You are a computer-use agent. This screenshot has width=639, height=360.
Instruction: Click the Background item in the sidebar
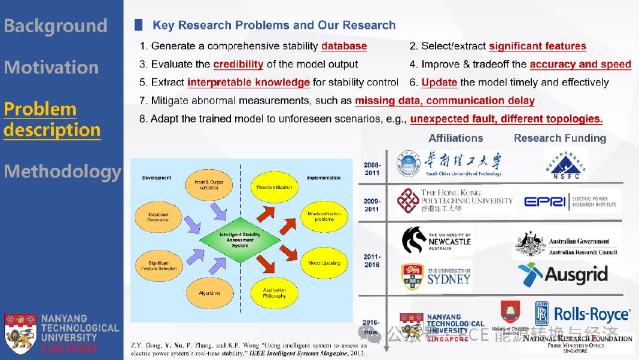(55, 26)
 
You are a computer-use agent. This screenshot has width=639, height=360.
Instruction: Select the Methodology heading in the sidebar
(62, 172)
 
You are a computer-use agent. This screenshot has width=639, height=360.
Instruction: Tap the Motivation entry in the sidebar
(51, 67)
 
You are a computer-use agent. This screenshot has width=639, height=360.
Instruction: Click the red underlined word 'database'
(344, 46)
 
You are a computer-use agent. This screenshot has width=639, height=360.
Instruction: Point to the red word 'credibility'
(238, 64)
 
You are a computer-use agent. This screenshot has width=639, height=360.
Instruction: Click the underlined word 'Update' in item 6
(439, 83)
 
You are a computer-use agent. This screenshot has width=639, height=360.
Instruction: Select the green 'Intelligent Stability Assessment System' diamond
(239, 240)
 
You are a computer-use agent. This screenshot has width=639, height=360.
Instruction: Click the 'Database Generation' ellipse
(158, 216)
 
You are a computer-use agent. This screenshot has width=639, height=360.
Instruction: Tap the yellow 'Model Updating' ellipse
(324, 263)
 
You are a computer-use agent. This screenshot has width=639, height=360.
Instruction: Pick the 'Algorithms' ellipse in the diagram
(209, 293)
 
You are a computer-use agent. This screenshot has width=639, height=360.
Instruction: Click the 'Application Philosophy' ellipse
(274, 292)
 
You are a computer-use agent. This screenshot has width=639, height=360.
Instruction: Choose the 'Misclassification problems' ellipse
(324, 216)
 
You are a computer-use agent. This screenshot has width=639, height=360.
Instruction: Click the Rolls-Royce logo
(582, 314)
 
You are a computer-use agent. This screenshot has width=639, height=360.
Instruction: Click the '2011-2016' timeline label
(372, 261)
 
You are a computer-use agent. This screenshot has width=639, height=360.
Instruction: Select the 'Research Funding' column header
(559, 138)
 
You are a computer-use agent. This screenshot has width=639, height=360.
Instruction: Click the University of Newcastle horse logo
(414, 240)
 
